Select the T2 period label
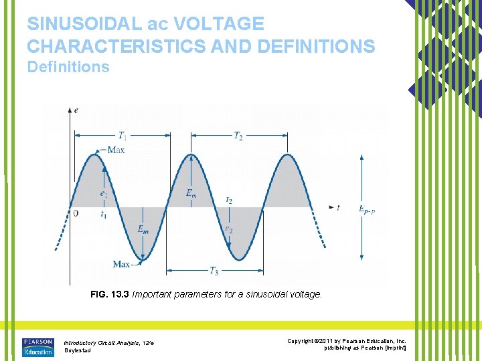(238, 136)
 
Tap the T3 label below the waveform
(214, 271)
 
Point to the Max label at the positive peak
(116, 150)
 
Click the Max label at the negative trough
(121, 264)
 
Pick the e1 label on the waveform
(104, 194)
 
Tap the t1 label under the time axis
(104, 214)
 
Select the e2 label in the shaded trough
(229, 229)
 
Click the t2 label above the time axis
(230, 200)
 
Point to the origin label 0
(76, 213)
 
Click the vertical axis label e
(76, 110)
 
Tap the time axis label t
(338, 208)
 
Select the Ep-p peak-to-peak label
(366, 209)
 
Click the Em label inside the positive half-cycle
(191, 194)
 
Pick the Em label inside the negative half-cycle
(143, 229)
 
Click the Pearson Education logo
(38, 346)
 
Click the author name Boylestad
(77, 351)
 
